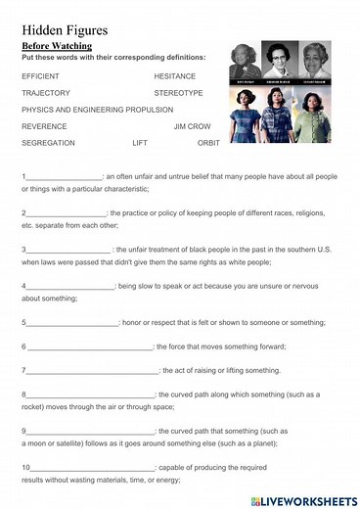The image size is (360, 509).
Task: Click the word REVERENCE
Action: pos(44,126)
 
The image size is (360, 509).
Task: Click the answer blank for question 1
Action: pos(64,177)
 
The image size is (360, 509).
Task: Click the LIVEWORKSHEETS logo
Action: pos(305,499)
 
